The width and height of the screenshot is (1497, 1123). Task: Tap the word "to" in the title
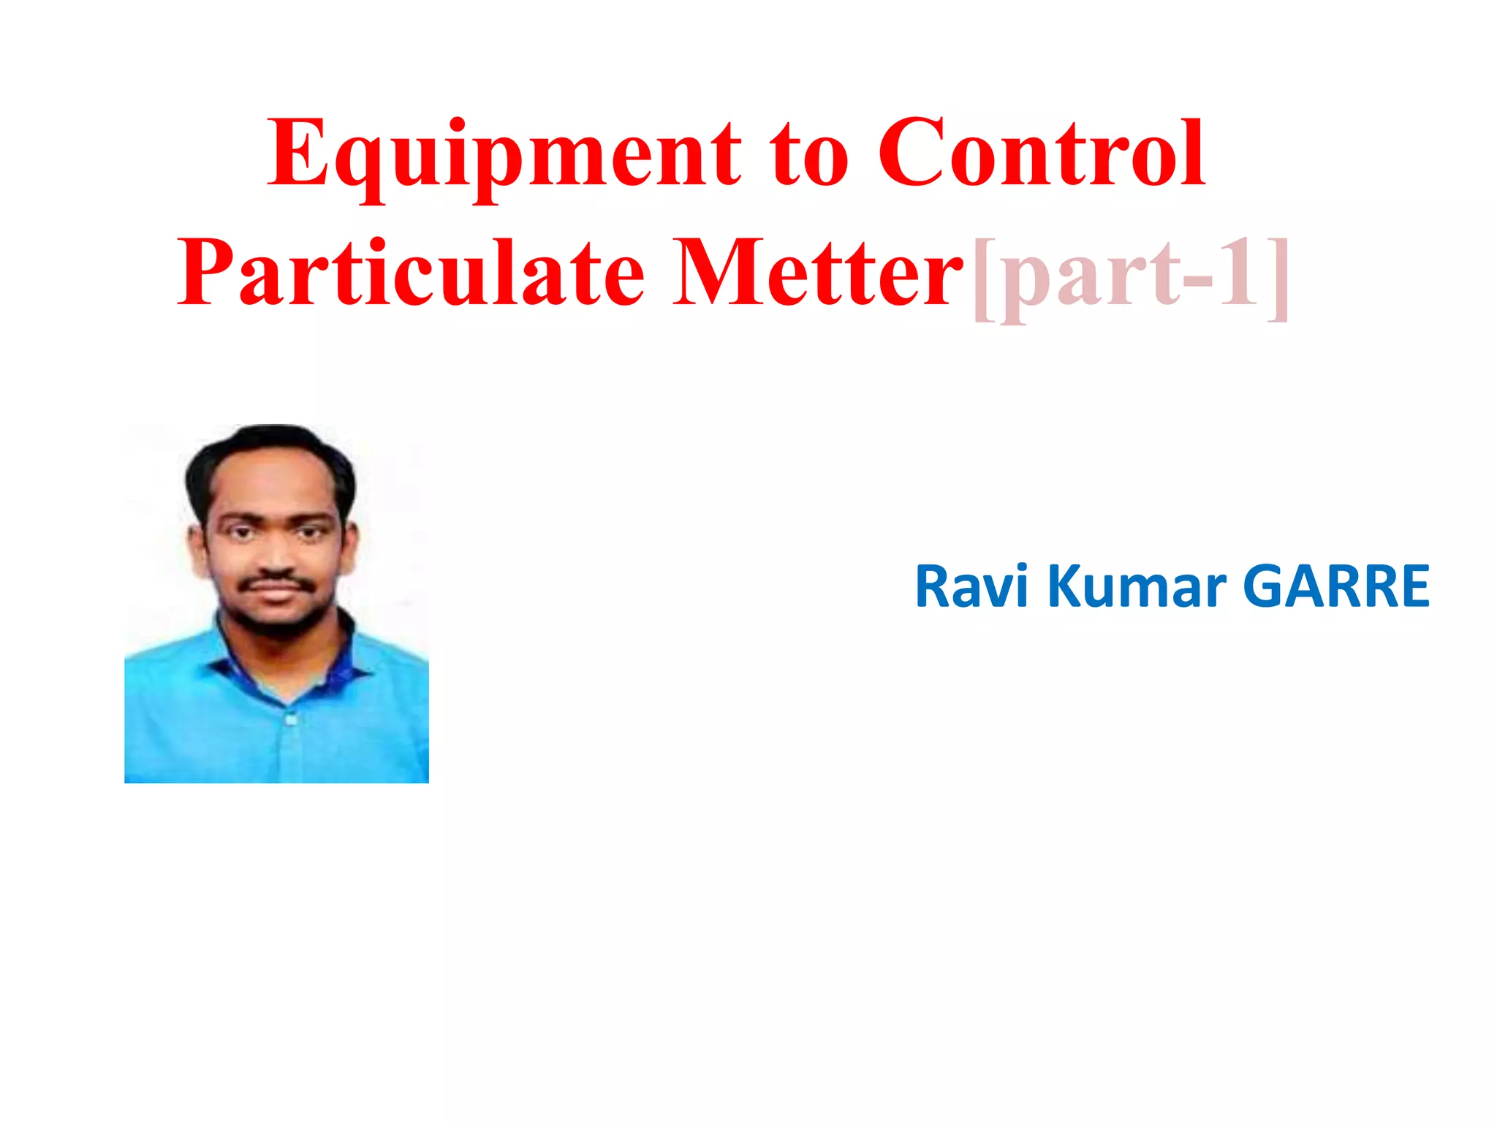coord(808,158)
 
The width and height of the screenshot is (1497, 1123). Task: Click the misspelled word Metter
coord(817,273)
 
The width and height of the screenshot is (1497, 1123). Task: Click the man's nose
coord(274,556)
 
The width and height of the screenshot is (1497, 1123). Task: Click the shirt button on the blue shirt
coord(292,719)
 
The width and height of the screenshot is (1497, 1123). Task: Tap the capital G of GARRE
coord(1269,586)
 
